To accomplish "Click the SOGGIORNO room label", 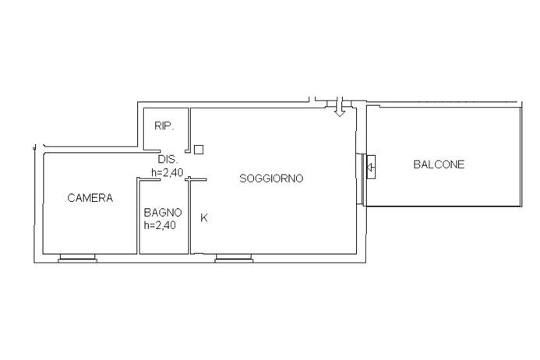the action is pos(271,178).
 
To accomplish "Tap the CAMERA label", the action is pos(90,198).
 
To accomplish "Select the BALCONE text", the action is pos(439,164).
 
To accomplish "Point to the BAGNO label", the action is pos(163,212).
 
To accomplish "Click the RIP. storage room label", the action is pos(164,126).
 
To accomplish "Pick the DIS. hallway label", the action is pos(168,159).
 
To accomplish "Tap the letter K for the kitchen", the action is pos(204,217).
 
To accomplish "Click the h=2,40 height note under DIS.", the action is pos(168,172).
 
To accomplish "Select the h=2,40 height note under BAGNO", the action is pos(161,225).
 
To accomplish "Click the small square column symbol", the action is pos(199,150).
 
